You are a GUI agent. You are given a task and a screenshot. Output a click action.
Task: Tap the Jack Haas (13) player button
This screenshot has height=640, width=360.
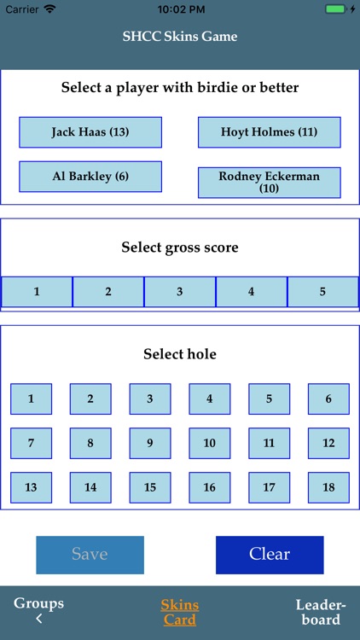[x=90, y=132]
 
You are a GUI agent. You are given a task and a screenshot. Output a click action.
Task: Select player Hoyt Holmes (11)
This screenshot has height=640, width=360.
[x=269, y=132]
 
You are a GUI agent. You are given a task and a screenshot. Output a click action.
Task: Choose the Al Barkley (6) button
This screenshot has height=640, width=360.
[x=90, y=177]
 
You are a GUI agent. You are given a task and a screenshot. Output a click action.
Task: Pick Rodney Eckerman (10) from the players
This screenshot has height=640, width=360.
[x=269, y=182]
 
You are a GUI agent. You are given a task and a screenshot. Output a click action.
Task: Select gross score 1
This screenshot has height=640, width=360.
[x=37, y=292]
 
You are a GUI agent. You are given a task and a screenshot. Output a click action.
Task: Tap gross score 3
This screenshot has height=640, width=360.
[x=179, y=292]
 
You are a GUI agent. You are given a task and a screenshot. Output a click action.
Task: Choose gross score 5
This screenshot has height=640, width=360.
[x=322, y=292]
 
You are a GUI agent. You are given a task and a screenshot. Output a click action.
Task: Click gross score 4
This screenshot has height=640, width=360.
[x=251, y=292]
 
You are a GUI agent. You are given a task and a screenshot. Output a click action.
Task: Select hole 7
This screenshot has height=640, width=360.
[x=31, y=443]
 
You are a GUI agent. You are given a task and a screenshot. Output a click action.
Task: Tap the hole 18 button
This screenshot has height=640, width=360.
[x=328, y=487]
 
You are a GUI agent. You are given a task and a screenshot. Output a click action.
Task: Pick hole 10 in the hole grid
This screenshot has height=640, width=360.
[x=209, y=443]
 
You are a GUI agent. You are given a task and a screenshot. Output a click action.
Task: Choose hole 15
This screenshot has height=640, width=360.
[x=150, y=487]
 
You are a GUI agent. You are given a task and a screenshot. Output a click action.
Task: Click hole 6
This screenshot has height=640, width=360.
[x=328, y=399]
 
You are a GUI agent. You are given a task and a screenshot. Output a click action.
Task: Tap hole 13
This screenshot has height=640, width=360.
[x=31, y=487]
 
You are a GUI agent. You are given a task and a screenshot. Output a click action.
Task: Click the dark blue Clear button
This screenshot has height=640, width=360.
[x=270, y=555]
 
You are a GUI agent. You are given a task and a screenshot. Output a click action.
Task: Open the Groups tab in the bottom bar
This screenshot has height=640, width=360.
[x=38, y=611]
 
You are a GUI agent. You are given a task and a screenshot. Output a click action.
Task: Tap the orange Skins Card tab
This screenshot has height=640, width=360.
[x=180, y=612]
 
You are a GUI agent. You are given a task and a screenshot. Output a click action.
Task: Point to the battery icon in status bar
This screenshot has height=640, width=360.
[x=336, y=9]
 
